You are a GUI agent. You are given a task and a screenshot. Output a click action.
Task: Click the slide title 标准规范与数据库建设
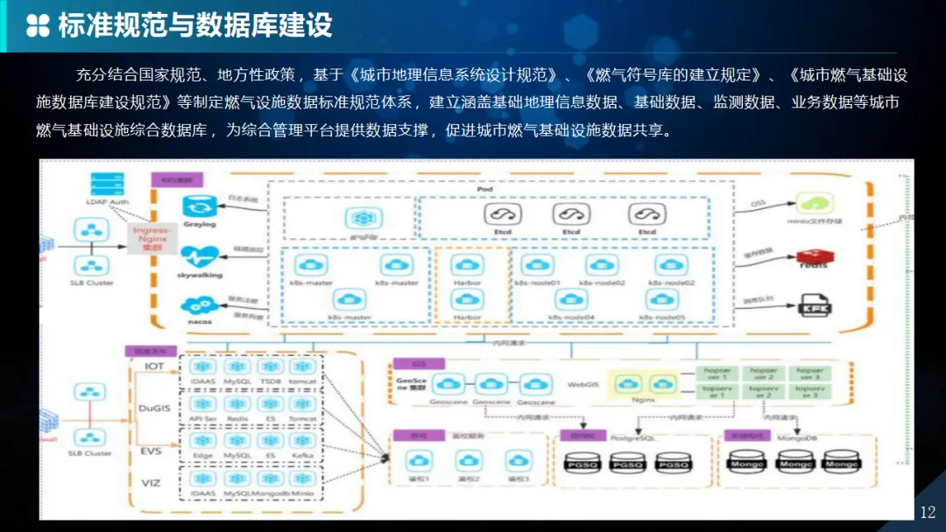195,25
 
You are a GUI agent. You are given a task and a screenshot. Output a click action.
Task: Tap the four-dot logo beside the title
38,25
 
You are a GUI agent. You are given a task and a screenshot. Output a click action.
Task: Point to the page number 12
928,513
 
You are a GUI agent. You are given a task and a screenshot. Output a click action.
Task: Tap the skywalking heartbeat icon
200,256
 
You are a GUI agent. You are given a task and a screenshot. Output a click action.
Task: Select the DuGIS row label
154,407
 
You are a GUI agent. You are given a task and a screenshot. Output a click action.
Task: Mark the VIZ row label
152,482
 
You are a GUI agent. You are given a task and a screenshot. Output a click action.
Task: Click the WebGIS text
582,384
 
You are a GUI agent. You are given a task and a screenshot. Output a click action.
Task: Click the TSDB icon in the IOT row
271,367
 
